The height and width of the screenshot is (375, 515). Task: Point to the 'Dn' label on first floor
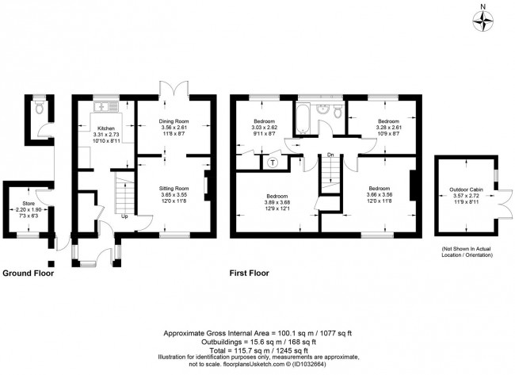(x=330, y=155)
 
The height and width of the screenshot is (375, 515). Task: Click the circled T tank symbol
(x=273, y=163)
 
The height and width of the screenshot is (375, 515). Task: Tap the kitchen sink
(x=103, y=106)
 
